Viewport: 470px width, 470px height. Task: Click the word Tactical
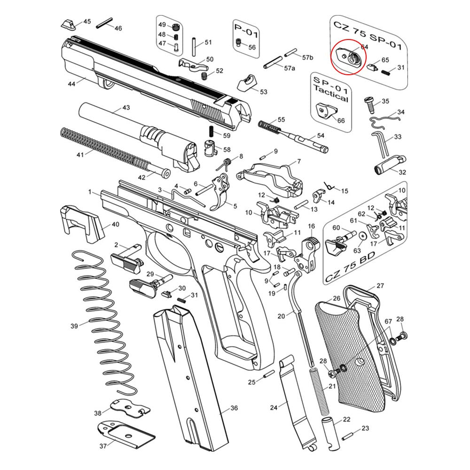pos(331,98)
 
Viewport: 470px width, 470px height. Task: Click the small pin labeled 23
pos(348,435)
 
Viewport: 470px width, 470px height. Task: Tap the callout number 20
pos(281,316)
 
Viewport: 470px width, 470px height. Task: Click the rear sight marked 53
pos(247,83)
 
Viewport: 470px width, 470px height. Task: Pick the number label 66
pos(341,121)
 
